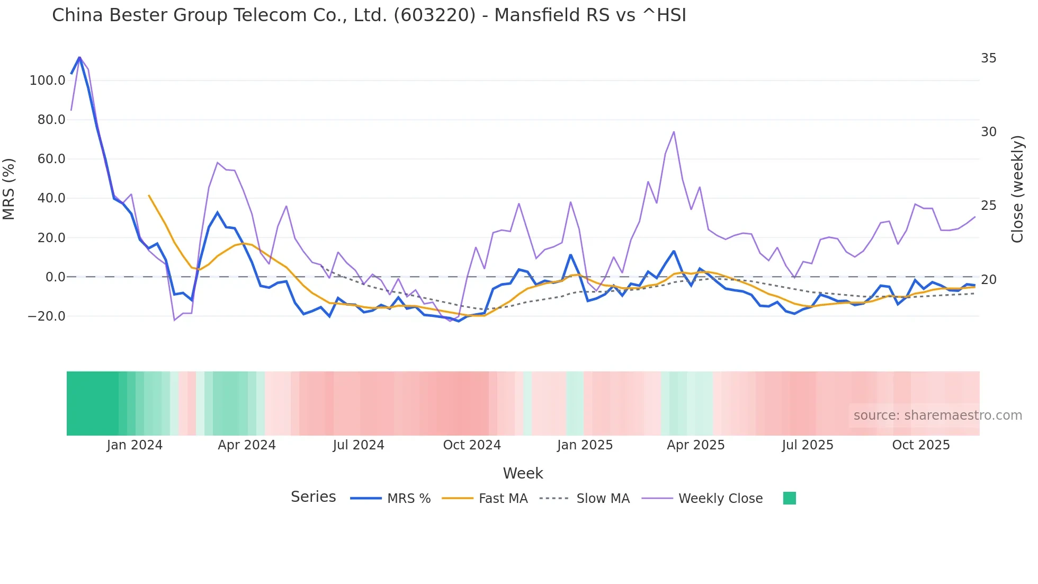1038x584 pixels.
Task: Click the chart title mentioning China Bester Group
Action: coord(369,15)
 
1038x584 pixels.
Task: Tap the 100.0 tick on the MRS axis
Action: coord(48,81)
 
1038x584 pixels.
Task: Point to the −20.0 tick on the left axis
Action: coord(47,316)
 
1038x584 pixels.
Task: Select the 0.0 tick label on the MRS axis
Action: coord(55,277)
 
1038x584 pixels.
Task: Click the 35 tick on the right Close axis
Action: coord(988,58)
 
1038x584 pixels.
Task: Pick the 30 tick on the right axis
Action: coord(988,132)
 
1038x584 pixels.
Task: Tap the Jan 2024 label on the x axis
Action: coord(135,445)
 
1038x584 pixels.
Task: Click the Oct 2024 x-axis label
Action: coord(471,445)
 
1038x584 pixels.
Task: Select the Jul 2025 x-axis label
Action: coord(807,445)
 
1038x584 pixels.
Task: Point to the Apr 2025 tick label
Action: coord(695,445)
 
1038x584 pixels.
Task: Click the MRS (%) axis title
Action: coord(9,189)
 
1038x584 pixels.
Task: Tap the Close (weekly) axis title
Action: coord(1017,189)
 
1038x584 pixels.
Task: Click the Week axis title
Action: coord(523,473)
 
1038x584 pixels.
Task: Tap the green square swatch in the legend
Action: coord(789,498)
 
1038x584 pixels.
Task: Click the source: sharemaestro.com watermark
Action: coord(937,415)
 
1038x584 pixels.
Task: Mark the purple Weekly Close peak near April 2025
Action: coord(674,132)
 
